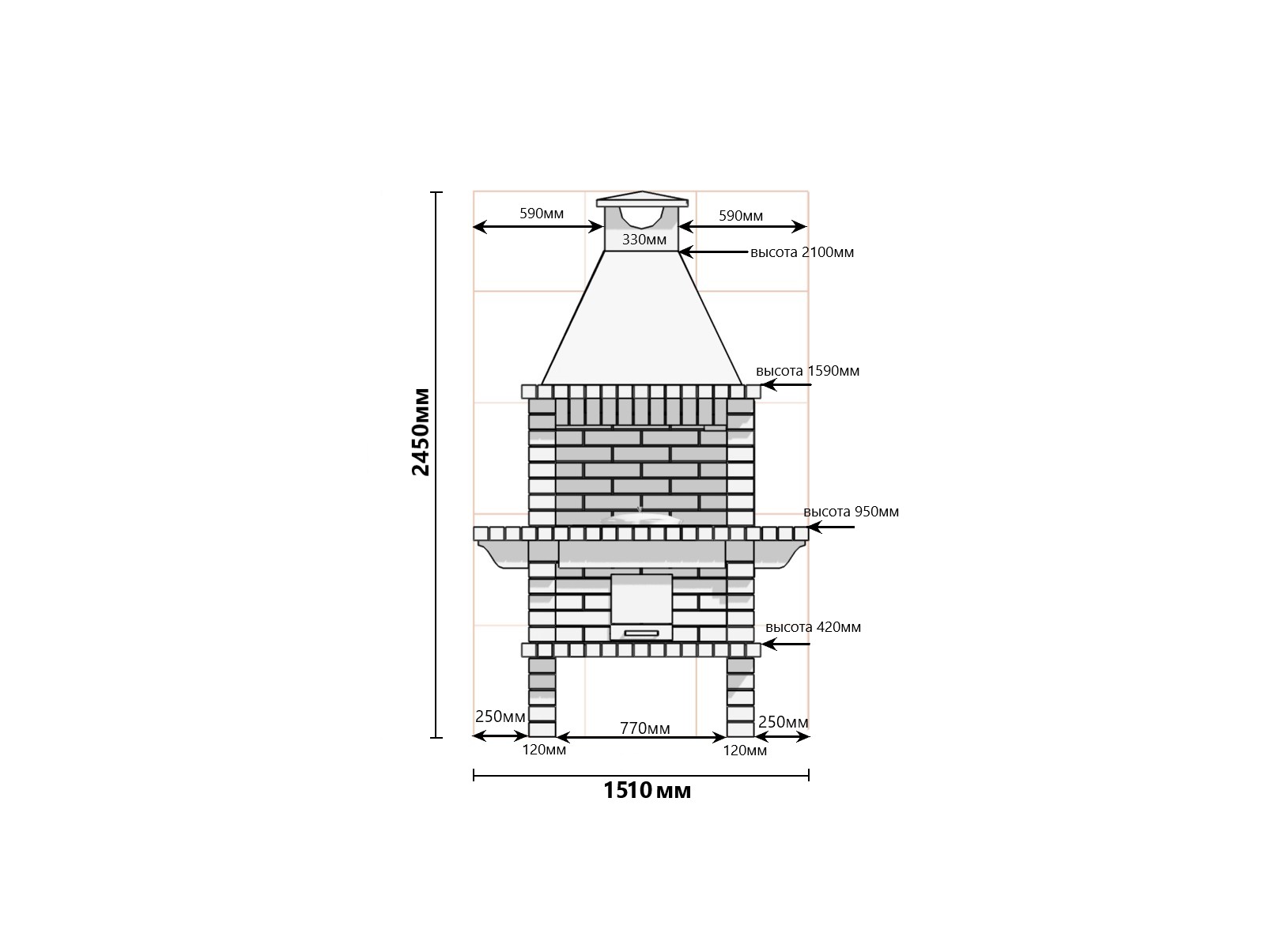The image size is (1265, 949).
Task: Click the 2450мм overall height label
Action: coord(421,432)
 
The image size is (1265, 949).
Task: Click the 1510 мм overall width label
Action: coord(647,791)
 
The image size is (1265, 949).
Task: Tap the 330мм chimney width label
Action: coord(644,240)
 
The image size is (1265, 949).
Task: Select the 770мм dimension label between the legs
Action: coord(645,728)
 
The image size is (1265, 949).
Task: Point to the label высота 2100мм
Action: coord(802,252)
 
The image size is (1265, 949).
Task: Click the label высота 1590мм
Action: coord(807,370)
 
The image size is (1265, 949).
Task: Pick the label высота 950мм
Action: coord(851,512)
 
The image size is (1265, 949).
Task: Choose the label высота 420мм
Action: coord(813,627)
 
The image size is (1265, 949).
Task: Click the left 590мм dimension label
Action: coord(541,214)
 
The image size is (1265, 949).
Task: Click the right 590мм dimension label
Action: coord(741,216)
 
